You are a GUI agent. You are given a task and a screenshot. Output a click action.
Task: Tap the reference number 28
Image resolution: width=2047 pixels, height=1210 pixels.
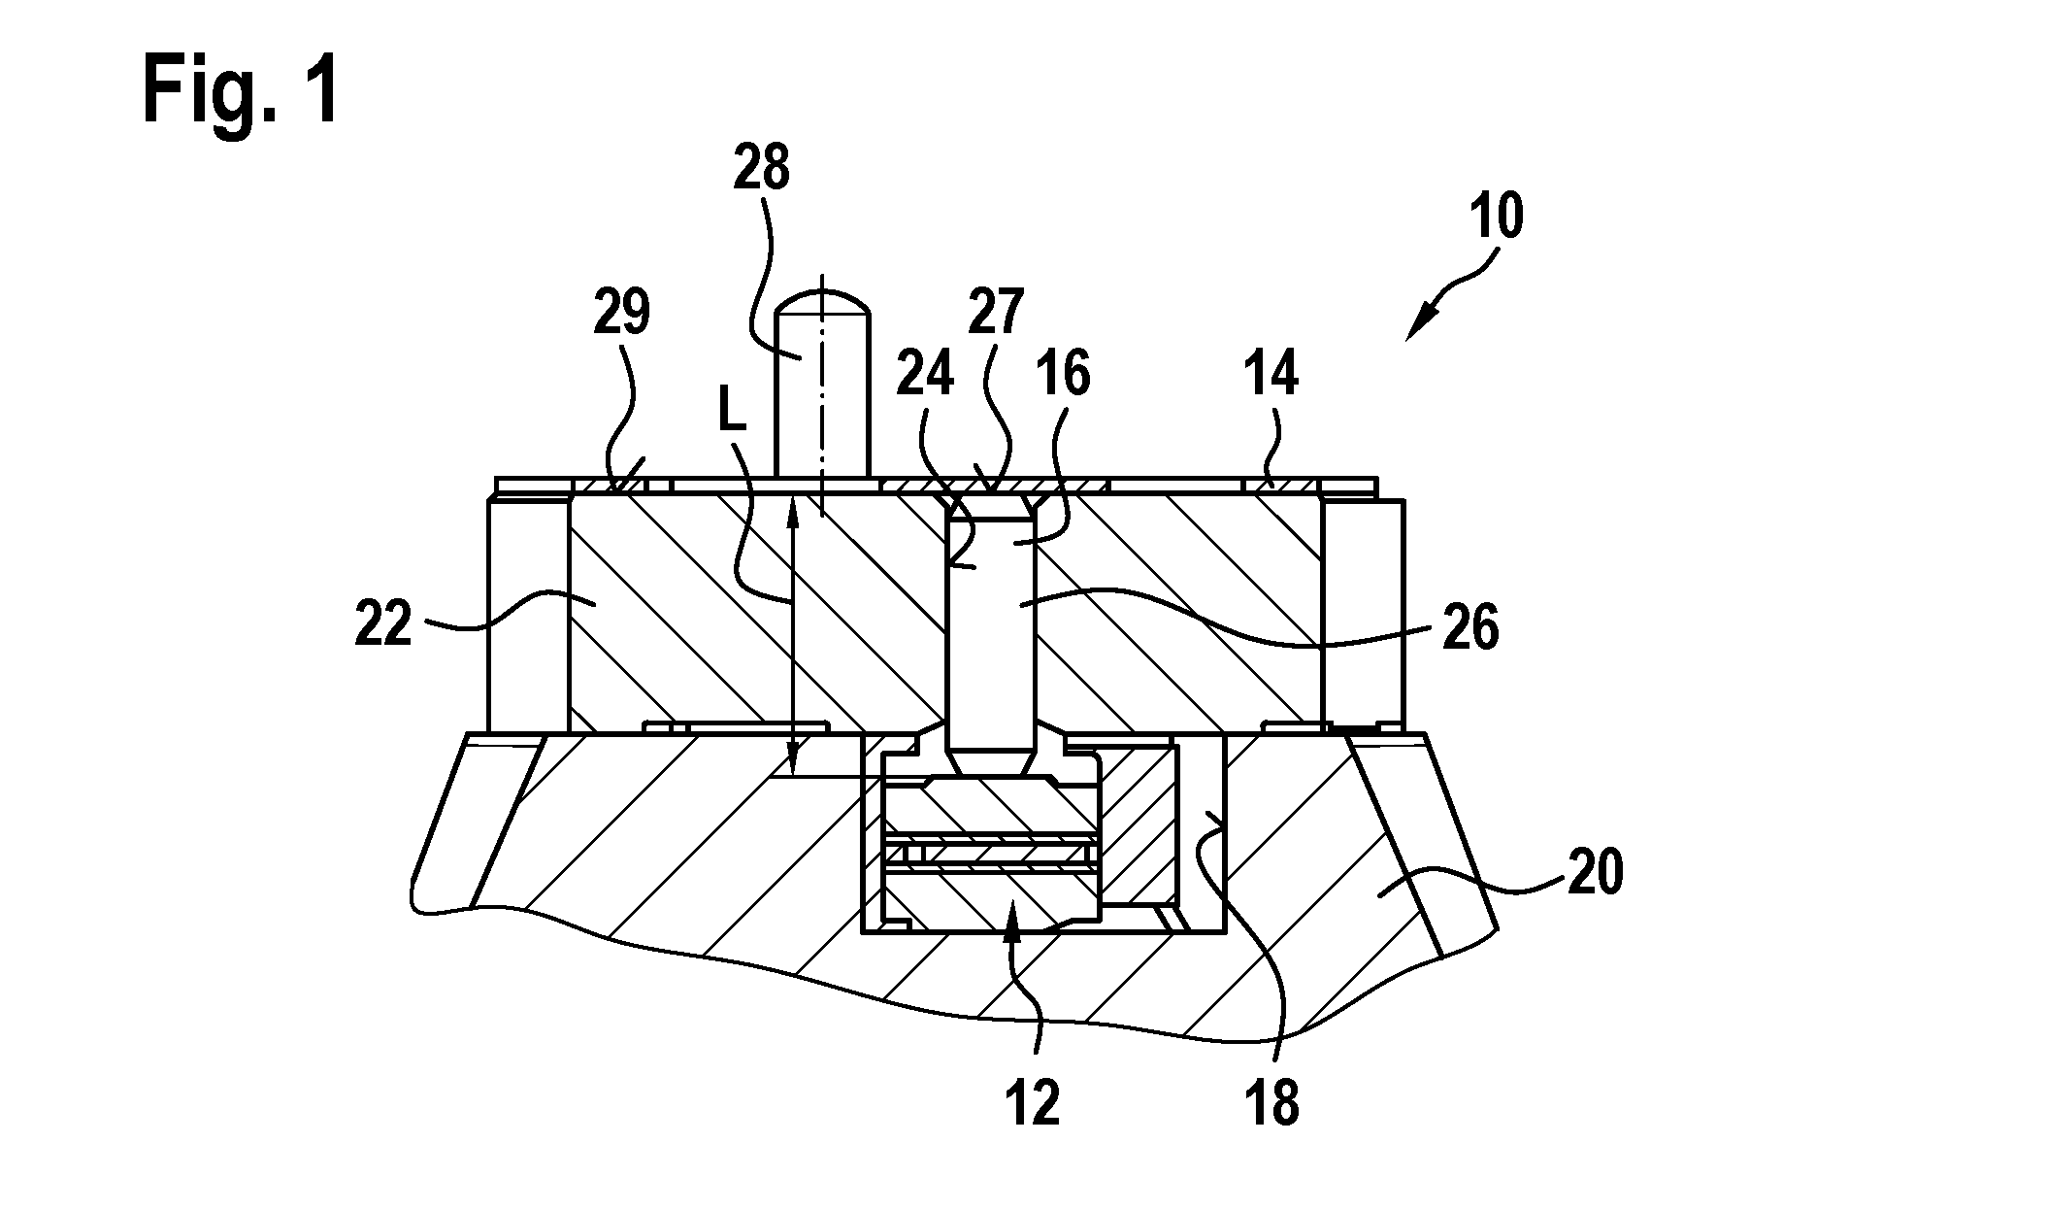pyautogui.click(x=762, y=168)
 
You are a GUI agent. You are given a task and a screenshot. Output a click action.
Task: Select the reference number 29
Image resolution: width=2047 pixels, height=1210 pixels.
pyautogui.click(x=622, y=314)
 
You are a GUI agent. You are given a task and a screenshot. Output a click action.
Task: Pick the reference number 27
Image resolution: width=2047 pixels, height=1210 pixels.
pyautogui.click(x=995, y=314)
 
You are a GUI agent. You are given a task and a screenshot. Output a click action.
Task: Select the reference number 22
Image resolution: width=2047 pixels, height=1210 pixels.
pyautogui.click(x=384, y=626)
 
